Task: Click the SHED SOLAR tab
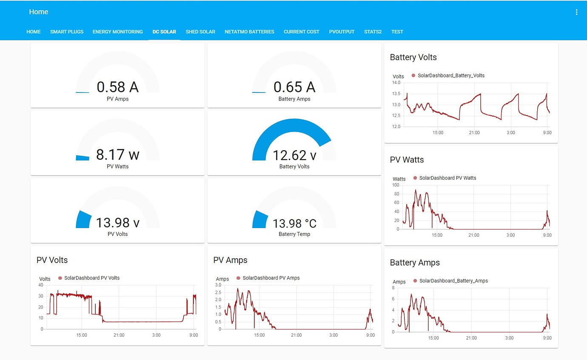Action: pyautogui.click(x=200, y=32)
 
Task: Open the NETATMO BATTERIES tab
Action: pyautogui.click(x=249, y=32)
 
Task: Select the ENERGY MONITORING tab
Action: pyautogui.click(x=117, y=32)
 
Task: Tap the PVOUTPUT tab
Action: pyautogui.click(x=342, y=32)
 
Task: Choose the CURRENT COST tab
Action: pyautogui.click(x=301, y=32)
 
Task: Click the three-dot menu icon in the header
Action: pyautogui.click(x=576, y=12)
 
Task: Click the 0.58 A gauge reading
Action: pyautogui.click(x=117, y=87)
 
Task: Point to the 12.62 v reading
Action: pyautogui.click(x=294, y=155)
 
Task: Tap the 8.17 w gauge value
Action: pyautogui.click(x=117, y=155)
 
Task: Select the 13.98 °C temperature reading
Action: pyautogui.click(x=294, y=223)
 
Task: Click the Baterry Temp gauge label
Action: pyautogui.click(x=294, y=234)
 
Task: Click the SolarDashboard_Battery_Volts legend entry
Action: pyautogui.click(x=450, y=75)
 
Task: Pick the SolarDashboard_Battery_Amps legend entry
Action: pyautogui.click(x=453, y=281)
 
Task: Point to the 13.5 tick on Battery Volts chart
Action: pyautogui.click(x=396, y=94)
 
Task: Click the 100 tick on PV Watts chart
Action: pyautogui.click(x=396, y=185)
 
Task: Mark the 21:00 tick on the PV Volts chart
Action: pyautogui.click(x=119, y=335)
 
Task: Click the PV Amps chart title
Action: pyautogui.click(x=230, y=260)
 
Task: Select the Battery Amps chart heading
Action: pyautogui.click(x=415, y=263)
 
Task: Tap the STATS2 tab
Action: pyautogui.click(x=373, y=32)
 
